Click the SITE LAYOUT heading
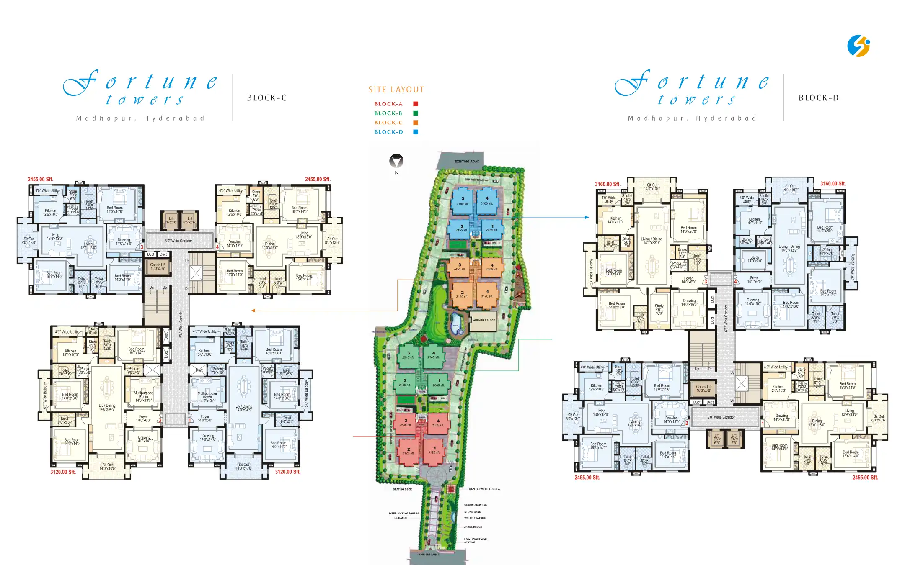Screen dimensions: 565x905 click(396, 90)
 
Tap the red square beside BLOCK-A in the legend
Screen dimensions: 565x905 click(416, 104)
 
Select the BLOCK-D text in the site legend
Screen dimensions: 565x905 click(388, 132)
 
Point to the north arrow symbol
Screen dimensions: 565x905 click(396, 161)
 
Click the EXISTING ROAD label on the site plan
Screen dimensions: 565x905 click(467, 161)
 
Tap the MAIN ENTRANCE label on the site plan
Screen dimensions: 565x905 click(429, 555)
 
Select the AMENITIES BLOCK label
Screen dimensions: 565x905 click(484, 320)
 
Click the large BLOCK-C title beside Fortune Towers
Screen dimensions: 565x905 click(267, 98)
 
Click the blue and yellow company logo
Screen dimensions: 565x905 click(858, 46)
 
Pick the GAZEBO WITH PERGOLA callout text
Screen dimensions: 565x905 click(484, 489)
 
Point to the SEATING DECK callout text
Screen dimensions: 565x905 click(402, 489)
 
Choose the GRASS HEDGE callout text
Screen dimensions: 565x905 click(473, 527)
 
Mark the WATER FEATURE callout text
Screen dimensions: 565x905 click(475, 518)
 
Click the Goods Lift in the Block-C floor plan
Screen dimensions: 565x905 click(158, 266)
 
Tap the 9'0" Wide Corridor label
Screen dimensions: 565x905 click(721, 417)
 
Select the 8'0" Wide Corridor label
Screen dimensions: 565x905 click(178, 241)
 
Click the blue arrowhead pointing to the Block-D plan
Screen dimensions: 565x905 click(587, 217)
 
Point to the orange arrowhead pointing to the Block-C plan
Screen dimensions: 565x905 click(253, 311)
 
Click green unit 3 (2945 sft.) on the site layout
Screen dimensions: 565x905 click(408, 355)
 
